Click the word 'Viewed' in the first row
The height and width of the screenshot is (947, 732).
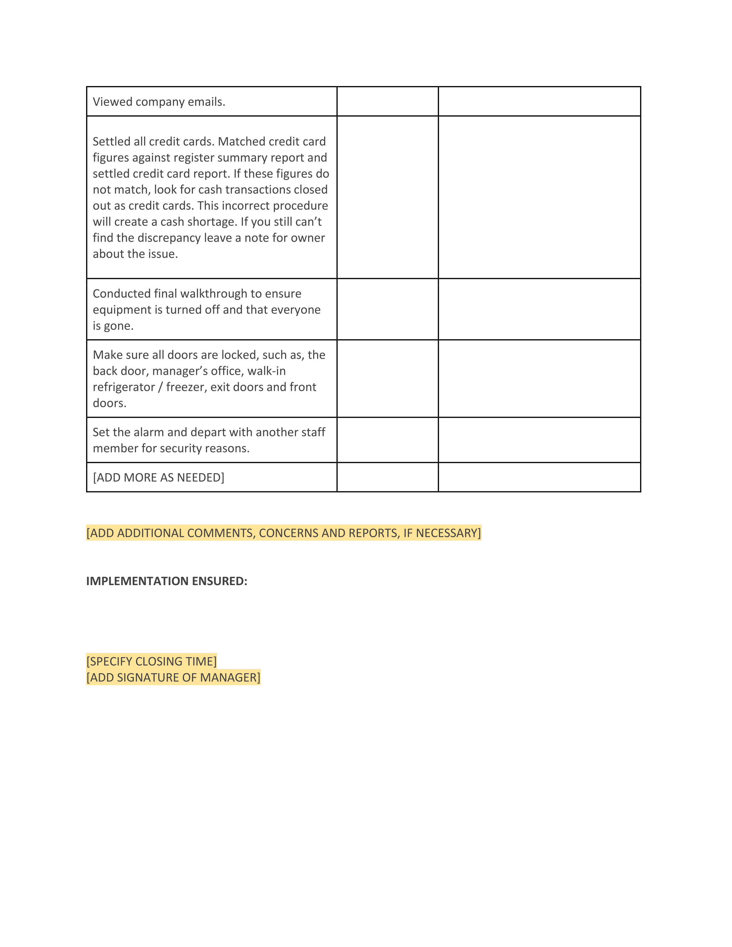112,102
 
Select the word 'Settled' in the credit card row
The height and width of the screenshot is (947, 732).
111,142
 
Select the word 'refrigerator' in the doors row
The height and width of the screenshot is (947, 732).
124,387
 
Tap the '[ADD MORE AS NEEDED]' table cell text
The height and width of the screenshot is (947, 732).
159,478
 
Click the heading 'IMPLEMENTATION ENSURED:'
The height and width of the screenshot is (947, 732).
166,581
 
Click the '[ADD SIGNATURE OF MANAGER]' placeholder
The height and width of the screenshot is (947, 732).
173,677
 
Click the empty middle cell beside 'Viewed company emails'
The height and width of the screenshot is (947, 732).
387,102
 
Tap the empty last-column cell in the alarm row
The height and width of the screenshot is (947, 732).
539,440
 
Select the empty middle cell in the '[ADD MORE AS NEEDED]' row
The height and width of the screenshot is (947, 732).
387,478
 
